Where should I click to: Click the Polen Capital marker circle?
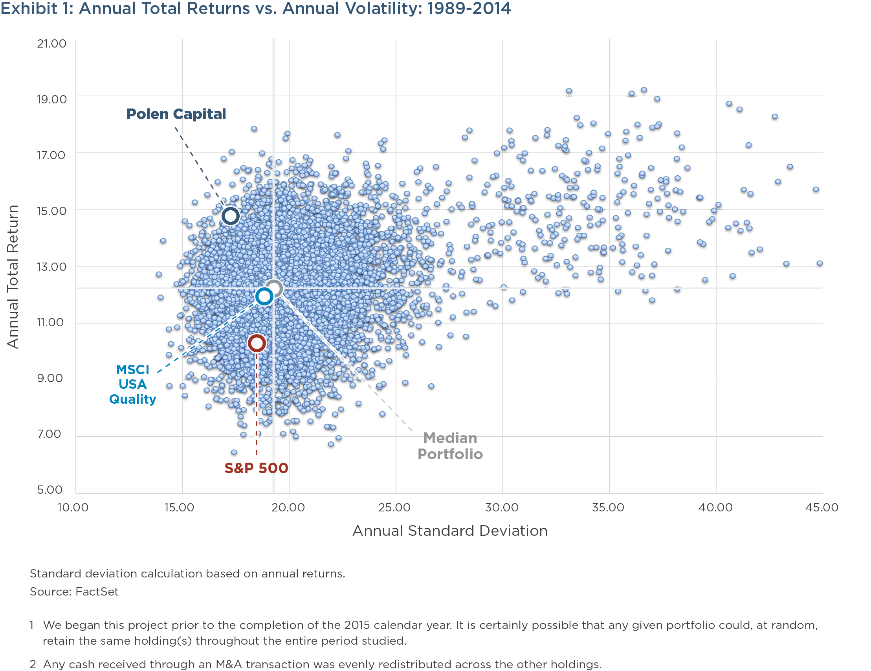(231, 216)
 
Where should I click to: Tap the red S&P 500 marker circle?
(257, 343)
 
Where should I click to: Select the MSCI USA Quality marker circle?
(264, 296)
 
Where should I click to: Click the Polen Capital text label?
(176, 114)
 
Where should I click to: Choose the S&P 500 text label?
(256, 468)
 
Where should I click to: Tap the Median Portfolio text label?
(450, 446)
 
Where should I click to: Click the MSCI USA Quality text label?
(132, 384)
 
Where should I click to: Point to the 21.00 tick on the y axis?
(51, 44)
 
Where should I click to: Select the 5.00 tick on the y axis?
(50, 489)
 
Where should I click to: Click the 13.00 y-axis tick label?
(51, 267)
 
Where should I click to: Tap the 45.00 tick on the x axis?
(821, 507)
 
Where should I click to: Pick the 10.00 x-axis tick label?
(73, 507)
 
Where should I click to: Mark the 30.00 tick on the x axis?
(502, 507)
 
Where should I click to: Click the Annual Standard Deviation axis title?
(450, 531)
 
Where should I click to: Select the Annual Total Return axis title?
(13, 276)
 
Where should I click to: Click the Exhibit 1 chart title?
(255, 8)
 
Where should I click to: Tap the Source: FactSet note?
(74, 591)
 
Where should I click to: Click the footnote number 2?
(33, 664)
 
